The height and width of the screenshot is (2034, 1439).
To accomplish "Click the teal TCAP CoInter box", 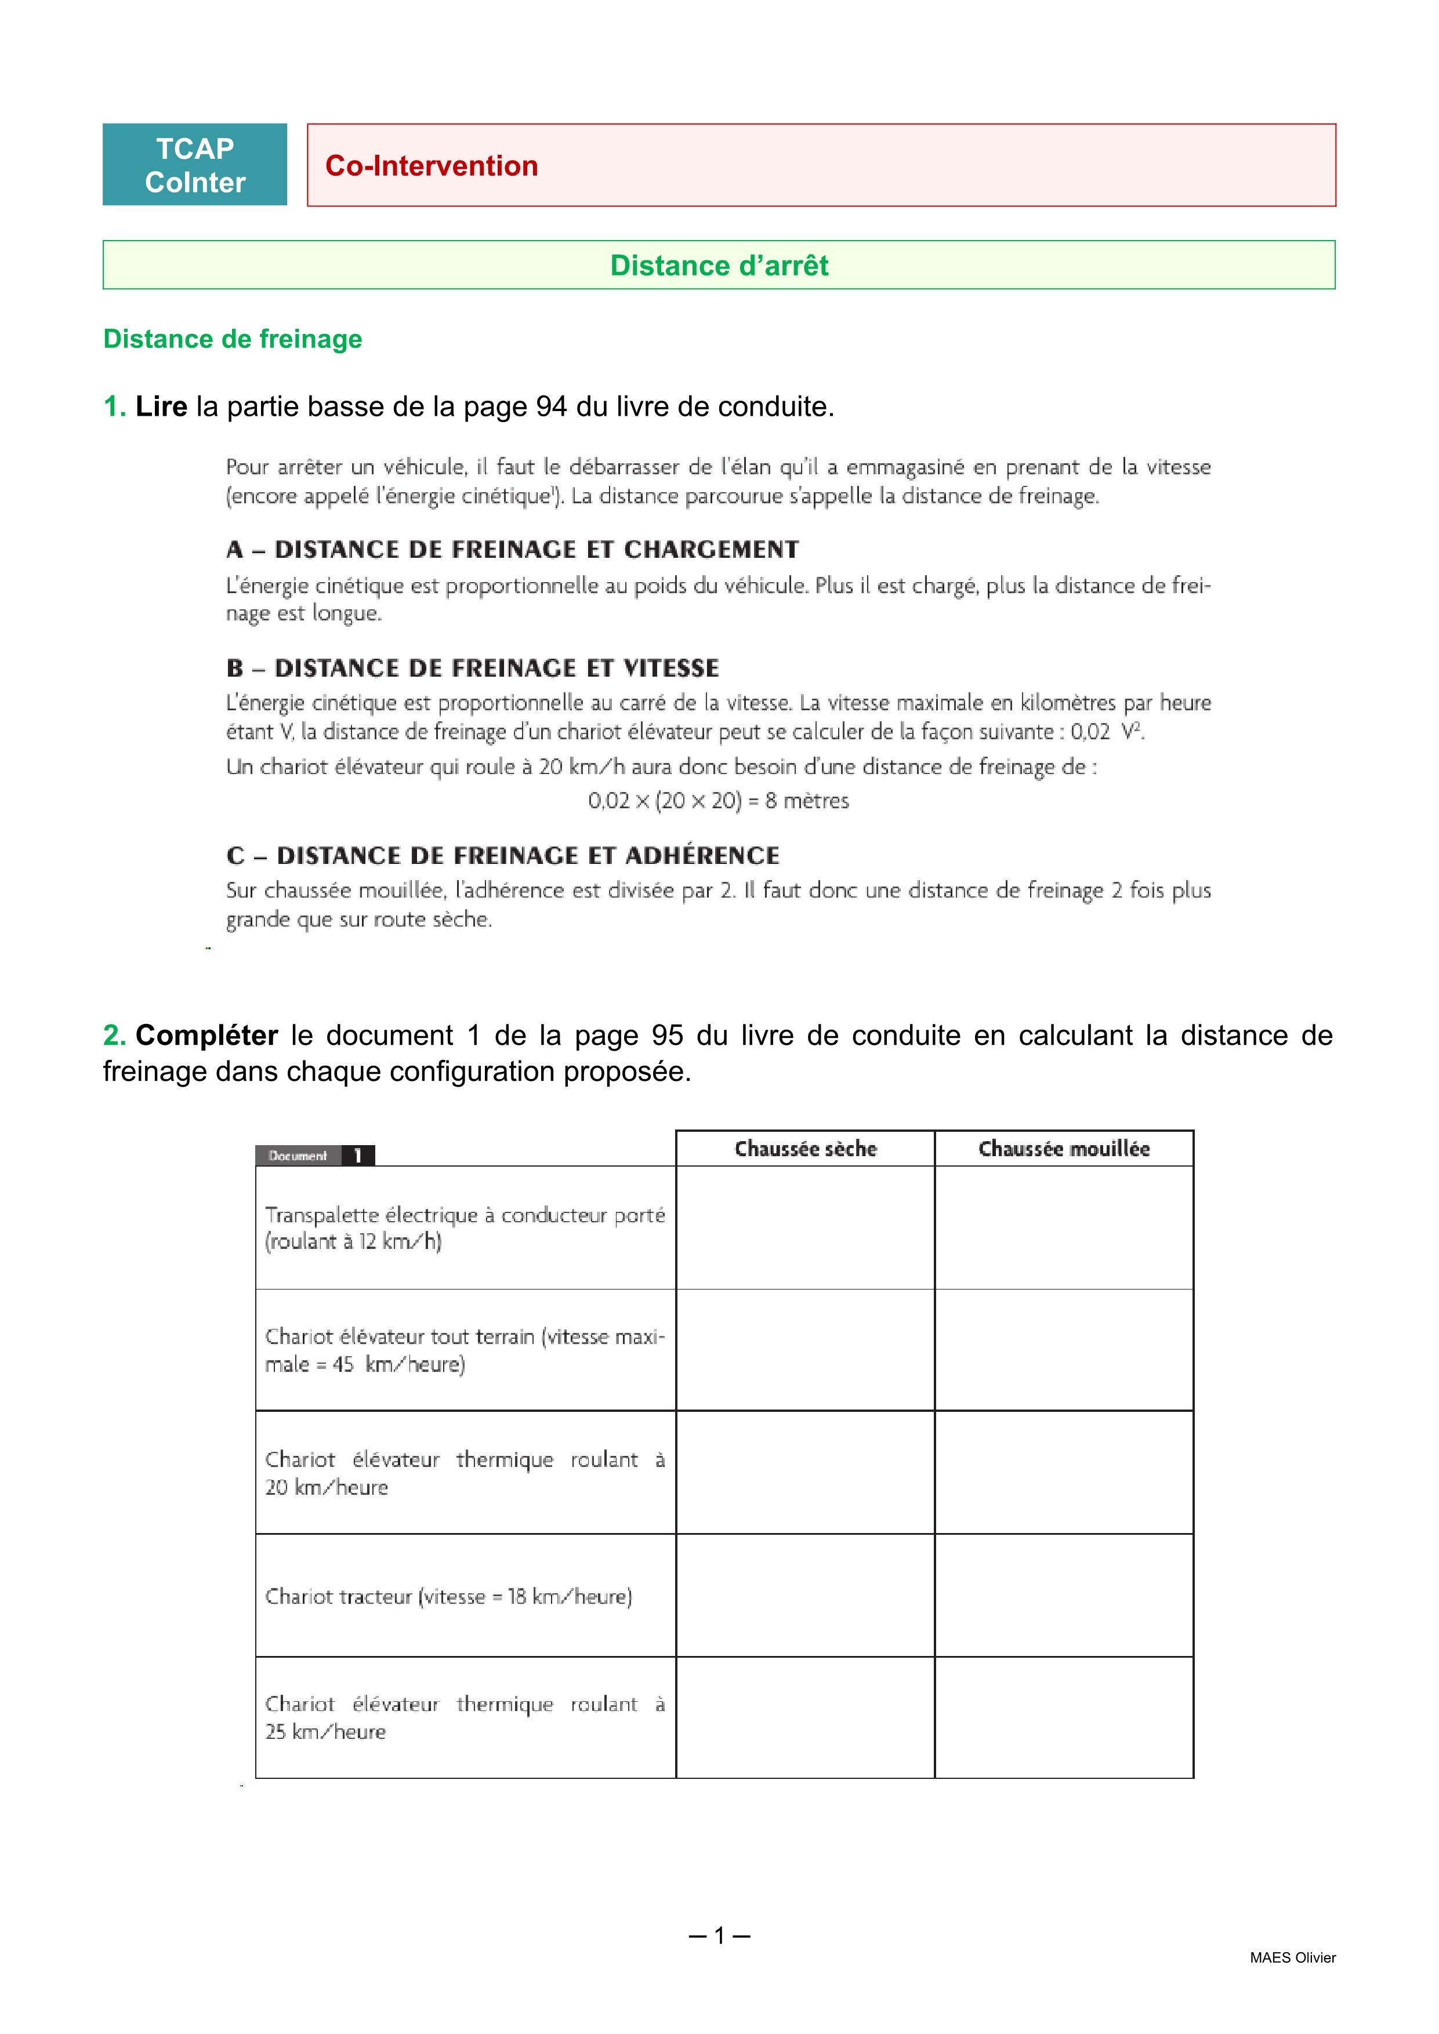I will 194,165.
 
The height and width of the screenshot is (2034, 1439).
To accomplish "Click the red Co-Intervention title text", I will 432,166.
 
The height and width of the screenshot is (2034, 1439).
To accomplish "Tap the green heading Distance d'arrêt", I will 719,265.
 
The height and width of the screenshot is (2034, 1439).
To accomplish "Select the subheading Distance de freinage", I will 232,339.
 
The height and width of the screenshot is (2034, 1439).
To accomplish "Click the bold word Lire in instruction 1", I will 161,406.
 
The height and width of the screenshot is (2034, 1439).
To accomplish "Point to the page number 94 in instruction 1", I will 551,406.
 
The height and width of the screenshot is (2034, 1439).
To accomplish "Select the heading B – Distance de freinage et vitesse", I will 472,668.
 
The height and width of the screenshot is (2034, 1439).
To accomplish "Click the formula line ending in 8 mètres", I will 717,801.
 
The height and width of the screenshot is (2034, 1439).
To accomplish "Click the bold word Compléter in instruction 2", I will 206,1035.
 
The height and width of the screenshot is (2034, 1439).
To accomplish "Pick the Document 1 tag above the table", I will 314,1155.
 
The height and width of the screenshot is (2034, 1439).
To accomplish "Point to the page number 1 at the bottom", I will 719,1935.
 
